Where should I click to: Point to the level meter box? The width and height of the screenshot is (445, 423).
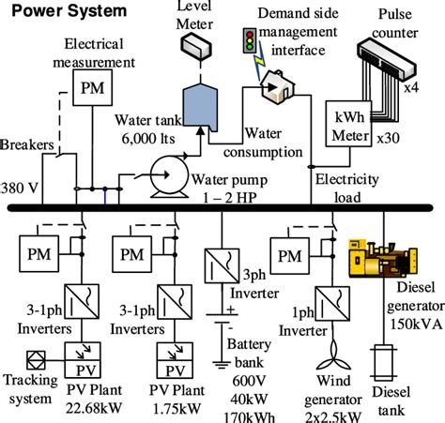coord(198,42)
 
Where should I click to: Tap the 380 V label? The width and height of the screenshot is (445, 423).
coord(20,188)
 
